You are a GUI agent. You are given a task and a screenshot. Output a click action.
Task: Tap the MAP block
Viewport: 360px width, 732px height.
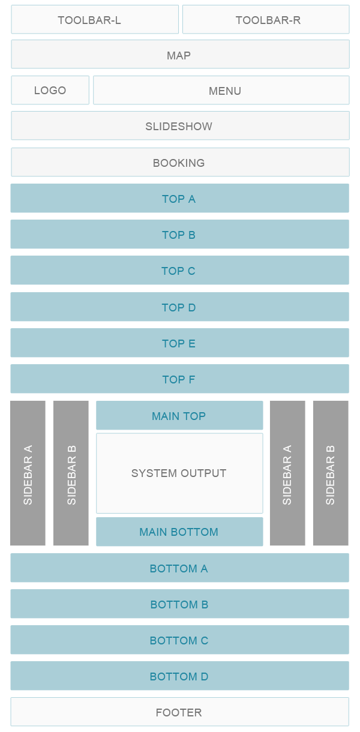179,55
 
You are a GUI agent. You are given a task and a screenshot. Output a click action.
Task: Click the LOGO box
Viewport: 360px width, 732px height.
50,91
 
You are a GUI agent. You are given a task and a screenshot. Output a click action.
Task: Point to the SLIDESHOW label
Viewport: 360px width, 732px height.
179,127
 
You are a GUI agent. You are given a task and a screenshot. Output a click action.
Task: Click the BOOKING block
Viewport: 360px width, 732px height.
179,163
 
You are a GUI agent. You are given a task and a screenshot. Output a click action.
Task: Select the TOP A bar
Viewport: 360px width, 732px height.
179,199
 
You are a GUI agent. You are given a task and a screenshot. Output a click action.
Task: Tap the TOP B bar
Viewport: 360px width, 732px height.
179,235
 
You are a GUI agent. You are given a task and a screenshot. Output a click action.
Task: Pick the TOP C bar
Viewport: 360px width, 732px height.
179,271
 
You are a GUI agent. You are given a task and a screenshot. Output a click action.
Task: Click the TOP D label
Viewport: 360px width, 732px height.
179,307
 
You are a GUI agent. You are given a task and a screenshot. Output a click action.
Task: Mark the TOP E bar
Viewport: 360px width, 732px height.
179,343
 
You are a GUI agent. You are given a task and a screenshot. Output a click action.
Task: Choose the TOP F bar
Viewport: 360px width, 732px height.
179,379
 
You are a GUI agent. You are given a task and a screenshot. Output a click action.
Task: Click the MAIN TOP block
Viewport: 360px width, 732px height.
179,416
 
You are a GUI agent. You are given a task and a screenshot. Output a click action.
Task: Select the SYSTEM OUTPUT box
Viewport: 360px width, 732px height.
179,473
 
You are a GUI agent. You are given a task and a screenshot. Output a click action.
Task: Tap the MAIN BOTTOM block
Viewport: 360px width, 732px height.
179,532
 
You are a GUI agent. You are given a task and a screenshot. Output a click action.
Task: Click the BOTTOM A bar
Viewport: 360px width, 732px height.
179,568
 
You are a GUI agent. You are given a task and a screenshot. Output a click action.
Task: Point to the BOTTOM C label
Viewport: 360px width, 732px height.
179,640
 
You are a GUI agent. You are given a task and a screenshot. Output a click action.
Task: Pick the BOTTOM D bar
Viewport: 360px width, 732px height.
179,676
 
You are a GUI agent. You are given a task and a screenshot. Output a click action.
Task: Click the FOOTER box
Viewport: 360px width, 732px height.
179,712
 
